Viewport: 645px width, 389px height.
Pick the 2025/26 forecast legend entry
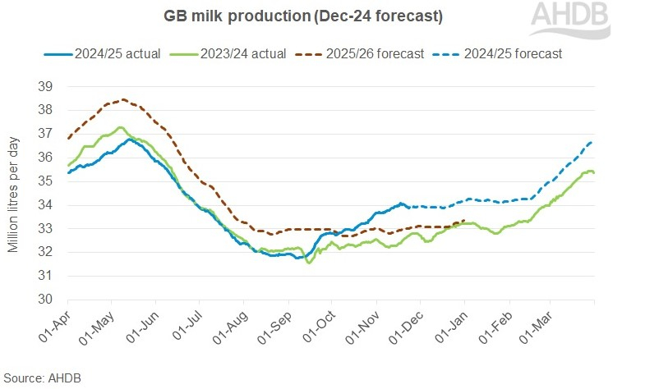[x=362, y=53]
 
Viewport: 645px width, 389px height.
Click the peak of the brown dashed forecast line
[x=122, y=99]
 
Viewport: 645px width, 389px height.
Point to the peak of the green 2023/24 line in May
[x=120, y=127]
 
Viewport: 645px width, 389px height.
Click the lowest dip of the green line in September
[x=309, y=263]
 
